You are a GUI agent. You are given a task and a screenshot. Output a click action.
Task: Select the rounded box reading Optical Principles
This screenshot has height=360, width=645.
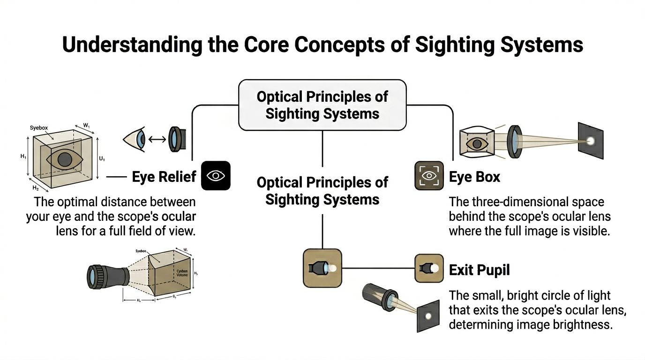pos(322,105)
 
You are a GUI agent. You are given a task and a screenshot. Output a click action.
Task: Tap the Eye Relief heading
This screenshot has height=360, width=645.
pos(163,177)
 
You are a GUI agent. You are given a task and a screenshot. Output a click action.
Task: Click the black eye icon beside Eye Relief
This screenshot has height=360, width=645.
pos(216,176)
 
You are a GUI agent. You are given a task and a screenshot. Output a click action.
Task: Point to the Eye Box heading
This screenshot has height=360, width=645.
pos(474,177)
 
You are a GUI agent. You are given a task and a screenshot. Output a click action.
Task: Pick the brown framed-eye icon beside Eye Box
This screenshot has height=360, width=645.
pos(429,176)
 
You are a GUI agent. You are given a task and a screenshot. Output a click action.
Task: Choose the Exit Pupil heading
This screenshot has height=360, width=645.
pos(479,270)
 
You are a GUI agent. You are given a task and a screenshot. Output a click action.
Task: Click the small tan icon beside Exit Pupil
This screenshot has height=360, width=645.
pos(429,268)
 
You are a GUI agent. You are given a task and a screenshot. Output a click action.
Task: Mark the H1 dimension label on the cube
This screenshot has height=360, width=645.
pos(23,157)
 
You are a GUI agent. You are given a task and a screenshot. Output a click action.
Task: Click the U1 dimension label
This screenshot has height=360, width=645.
pos(102,159)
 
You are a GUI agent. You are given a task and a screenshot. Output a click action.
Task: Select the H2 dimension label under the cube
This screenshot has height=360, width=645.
pos(35,187)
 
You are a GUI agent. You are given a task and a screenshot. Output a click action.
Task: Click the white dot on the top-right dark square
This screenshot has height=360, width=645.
pos(590,141)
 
